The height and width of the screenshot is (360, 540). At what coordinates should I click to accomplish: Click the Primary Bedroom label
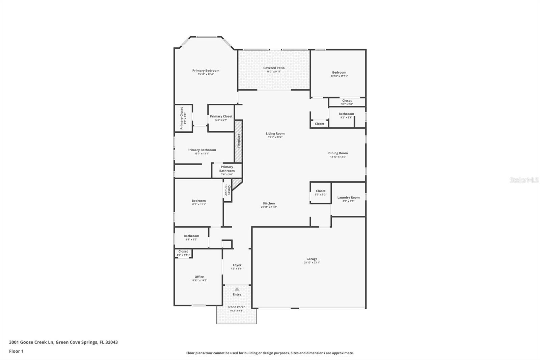pyautogui.click(x=206, y=71)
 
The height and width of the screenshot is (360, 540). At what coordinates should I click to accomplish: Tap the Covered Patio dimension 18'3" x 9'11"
pyautogui.click(x=274, y=72)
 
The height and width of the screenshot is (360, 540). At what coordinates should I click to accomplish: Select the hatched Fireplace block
pyautogui.click(x=239, y=141)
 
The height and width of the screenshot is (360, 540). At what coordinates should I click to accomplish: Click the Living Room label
pyautogui.click(x=275, y=133)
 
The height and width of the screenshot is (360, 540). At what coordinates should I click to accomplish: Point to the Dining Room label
pyautogui.click(x=338, y=153)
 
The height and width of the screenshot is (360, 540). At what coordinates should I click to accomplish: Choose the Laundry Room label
pyautogui.click(x=348, y=198)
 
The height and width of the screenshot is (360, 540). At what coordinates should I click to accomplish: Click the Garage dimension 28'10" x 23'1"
pyautogui.click(x=312, y=262)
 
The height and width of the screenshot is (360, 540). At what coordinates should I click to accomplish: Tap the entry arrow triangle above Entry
pyautogui.click(x=237, y=289)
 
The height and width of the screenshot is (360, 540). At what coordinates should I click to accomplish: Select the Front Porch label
pyautogui.click(x=236, y=307)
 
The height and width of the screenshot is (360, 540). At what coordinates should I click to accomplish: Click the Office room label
pyautogui.click(x=199, y=277)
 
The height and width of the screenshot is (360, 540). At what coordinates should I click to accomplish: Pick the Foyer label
pyautogui.click(x=237, y=265)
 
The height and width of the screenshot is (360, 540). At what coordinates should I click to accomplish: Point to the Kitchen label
pyautogui.click(x=269, y=203)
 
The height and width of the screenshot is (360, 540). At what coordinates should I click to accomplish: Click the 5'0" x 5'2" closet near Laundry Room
pyautogui.click(x=321, y=192)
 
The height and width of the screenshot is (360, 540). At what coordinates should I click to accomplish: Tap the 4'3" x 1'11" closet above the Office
pyautogui.click(x=183, y=253)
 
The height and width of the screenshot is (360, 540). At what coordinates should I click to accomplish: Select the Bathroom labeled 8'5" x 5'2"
pyautogui.click(x=191, y=237)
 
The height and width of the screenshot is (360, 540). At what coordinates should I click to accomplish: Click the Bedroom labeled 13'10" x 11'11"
pyautogui.click(x=339, y=74)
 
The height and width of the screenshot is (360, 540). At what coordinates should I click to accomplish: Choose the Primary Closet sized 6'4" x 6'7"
pyautogui.click(x=221, y=118)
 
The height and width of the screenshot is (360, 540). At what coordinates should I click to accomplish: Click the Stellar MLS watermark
pyautogui.click(x=524, y=180)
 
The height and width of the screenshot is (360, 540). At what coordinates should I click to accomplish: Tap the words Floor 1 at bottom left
pyautogui.click(x=16, y=351)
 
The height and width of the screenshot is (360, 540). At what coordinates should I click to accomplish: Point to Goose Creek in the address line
pyautogui.click(x=37, y=342)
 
